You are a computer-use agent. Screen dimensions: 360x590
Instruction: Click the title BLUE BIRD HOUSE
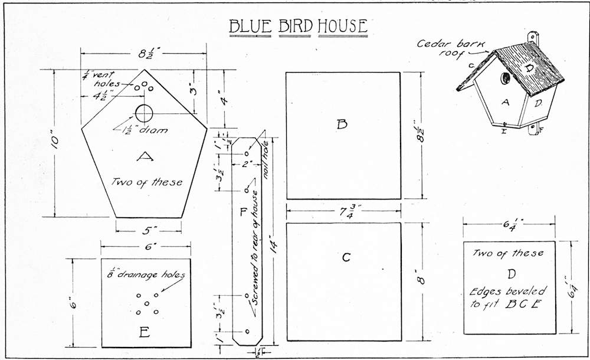[298, 27]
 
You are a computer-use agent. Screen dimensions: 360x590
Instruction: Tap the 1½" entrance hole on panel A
[144, 113]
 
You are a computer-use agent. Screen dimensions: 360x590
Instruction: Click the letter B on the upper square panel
[342, 124]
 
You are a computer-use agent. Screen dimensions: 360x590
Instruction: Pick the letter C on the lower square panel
[346, 257]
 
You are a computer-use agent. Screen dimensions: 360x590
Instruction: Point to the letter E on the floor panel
[144, 333]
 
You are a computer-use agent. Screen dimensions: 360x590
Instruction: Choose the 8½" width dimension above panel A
[144, 53]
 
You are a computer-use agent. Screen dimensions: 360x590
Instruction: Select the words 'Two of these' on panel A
[147, 182]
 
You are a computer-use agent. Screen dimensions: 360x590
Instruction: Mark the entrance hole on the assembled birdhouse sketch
[506, 78]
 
